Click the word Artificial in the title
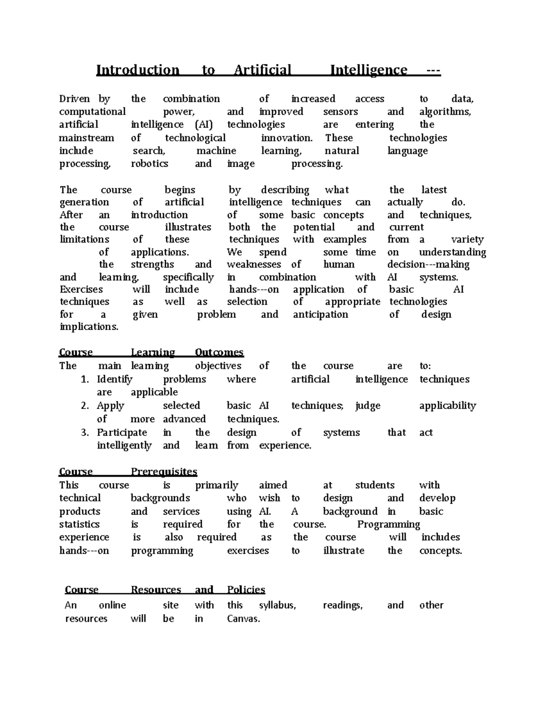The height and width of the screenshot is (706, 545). pyautogui.click(x=262, y=70)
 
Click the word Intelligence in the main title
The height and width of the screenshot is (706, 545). pyautogui.click(x=368, y=70)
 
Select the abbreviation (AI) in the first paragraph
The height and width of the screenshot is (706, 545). pyautogui.click(x=204, y=125)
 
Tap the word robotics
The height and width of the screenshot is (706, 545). pyautogui.click(x=149, y=164)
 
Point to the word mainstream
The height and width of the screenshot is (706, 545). pyautogui.click(x=87, y=138)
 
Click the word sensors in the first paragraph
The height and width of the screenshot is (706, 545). pyautogui.click(x=341, y=112)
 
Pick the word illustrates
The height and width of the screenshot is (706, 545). pyautogui.click(x=188, y=227)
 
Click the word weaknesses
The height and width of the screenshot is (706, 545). pyautogui.click(x=254, y=265)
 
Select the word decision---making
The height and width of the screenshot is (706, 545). pyautogui.click(x=428, y=265)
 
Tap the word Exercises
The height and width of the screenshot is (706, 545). pyautogui.click(x=81, y=290)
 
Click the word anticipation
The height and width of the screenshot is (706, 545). pyautogui.click(x=320, y=315)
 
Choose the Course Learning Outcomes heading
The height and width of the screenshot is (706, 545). pyautogui.click(x=151, y=352)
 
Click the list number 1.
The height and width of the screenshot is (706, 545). pyautogui.click(x=84, y=380)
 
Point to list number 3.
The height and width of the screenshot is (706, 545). pyautogui.click(x=84, y=433)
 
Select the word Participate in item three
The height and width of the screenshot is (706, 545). pyautogui.click(x=122, y=433)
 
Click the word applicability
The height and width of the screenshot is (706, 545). pyautogui.click(x=447, y=406)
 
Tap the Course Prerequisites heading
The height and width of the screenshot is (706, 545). pyautogui.click(x=128, y=471)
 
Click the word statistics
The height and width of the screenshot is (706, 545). pyautogui.click(x=79, y=524)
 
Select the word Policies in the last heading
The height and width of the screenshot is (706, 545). pyautogui.click(x=246, y=590)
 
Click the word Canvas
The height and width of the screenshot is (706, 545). pyautogui.click(x=243, y=619)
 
